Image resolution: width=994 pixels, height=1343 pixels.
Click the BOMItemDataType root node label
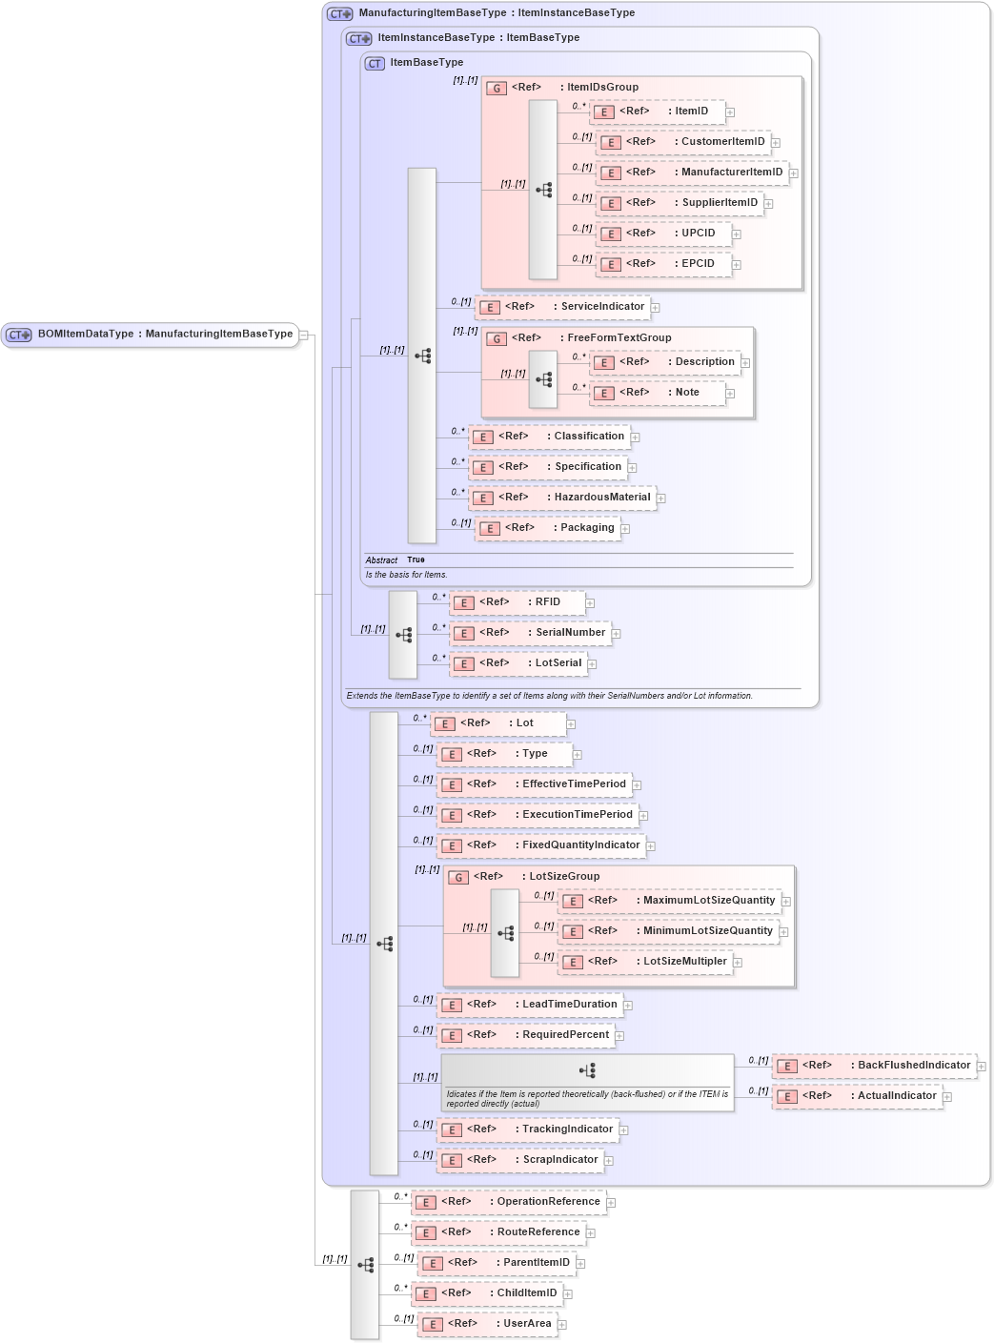pos(164,335)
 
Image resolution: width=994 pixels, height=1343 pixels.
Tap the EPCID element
pos(663,264)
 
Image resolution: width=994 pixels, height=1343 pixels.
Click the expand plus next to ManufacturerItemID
pos(793,173)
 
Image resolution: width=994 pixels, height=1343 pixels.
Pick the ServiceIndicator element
pos(562,307)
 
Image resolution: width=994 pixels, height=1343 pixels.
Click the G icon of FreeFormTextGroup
pos(497,338)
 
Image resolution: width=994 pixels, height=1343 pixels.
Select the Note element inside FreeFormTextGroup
pos(658,393)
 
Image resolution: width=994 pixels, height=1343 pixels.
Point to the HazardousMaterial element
pos(562,498)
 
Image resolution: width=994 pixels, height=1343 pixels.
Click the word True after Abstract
pos(416,560)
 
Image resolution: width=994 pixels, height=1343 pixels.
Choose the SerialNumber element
pos(530,633)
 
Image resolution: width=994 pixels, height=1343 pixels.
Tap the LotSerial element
pos(518,663)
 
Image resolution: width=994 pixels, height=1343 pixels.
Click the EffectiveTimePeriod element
pos(534,784)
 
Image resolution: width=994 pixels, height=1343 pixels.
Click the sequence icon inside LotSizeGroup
pos(505,933)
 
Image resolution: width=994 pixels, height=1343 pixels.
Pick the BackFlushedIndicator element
pos(874,1066)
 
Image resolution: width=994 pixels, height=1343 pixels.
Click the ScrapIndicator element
pos(520,1160)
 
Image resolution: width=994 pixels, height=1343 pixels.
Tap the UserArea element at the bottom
pos(487,1324)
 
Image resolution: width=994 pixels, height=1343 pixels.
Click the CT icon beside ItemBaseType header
pos(375,64)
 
